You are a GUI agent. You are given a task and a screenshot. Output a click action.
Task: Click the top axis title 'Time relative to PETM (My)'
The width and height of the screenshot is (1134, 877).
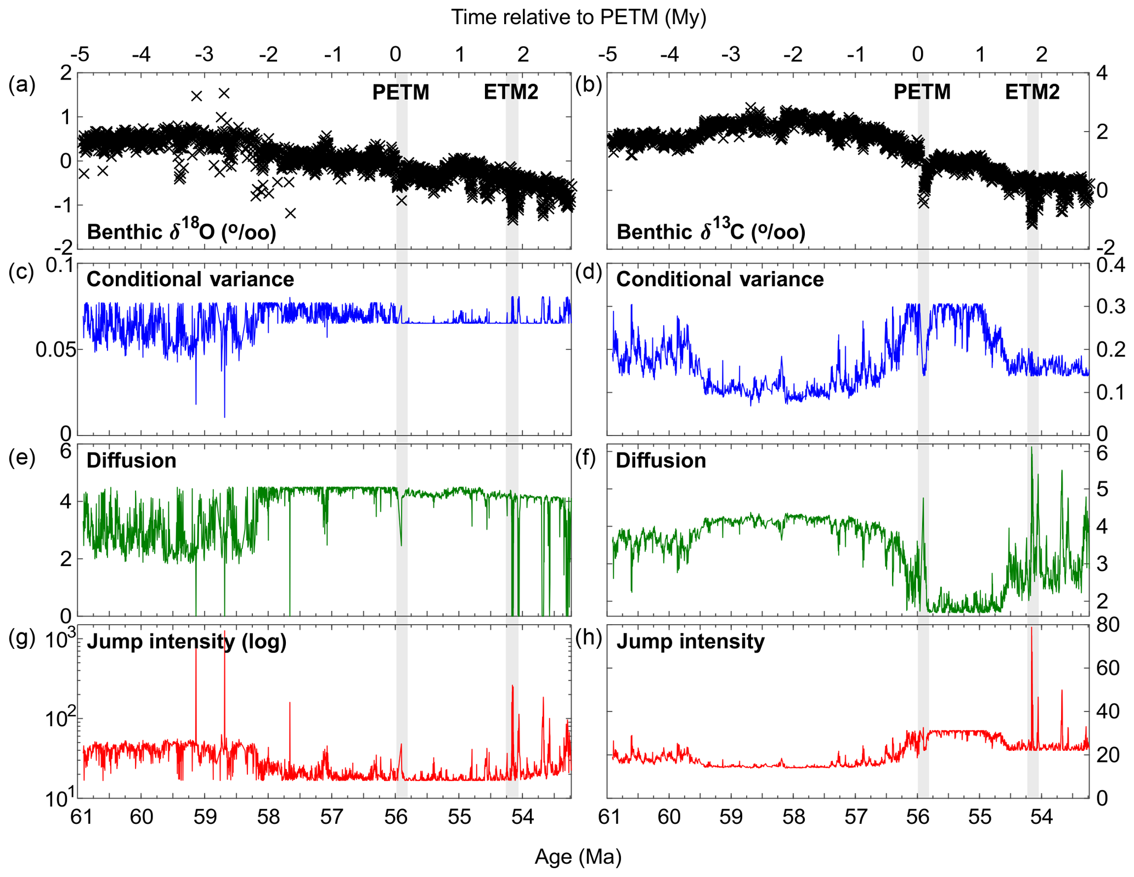(578, 18)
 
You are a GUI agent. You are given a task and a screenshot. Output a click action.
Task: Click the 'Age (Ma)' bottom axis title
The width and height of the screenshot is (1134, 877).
(578, 857)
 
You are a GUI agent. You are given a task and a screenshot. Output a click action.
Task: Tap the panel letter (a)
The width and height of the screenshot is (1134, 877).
(22, 85)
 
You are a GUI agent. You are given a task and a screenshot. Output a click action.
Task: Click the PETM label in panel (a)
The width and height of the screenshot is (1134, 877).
(400, 92)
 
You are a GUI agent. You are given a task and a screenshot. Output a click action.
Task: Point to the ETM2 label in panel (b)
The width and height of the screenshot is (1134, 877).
(1032, 92)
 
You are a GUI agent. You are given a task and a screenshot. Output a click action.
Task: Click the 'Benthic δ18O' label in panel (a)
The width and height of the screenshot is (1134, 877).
(181, 232)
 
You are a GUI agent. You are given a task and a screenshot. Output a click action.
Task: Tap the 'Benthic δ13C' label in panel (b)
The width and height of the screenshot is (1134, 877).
(710, 232)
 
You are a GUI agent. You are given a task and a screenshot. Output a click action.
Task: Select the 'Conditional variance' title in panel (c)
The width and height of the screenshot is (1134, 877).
(190, 280)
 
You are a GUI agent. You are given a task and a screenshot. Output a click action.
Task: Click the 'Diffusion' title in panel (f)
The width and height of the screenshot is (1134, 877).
(661, 461)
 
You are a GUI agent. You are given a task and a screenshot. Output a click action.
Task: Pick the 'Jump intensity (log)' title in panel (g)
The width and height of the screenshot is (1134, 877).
(187, 641)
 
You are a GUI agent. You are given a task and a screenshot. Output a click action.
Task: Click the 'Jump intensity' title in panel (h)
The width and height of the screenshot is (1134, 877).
(690, 641)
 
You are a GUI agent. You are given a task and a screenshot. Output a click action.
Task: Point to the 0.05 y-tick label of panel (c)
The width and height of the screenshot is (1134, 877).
(53, 349)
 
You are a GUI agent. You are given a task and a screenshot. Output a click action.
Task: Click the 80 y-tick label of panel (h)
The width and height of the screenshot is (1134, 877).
(1107, 625)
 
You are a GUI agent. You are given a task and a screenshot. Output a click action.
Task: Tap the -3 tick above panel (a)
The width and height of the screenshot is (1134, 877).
(205, 54)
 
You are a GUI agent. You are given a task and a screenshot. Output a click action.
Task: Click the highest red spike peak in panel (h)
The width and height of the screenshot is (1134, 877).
(1031, 629)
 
